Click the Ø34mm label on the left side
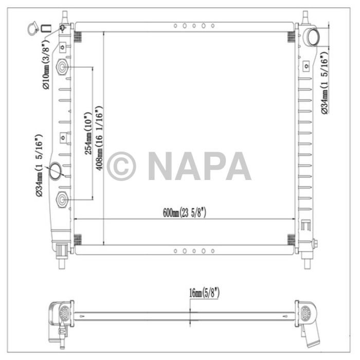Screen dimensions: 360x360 tap(39, 166)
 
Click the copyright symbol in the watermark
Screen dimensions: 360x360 tap(121, 166)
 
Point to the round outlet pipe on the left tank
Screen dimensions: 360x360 tap(56, 171)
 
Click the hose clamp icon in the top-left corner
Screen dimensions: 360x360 tap(31, 28)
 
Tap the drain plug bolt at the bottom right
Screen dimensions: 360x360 tap(314, 244)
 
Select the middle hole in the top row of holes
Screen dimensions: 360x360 tap(194, 25)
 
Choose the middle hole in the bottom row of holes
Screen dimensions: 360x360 tap(194, 251)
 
